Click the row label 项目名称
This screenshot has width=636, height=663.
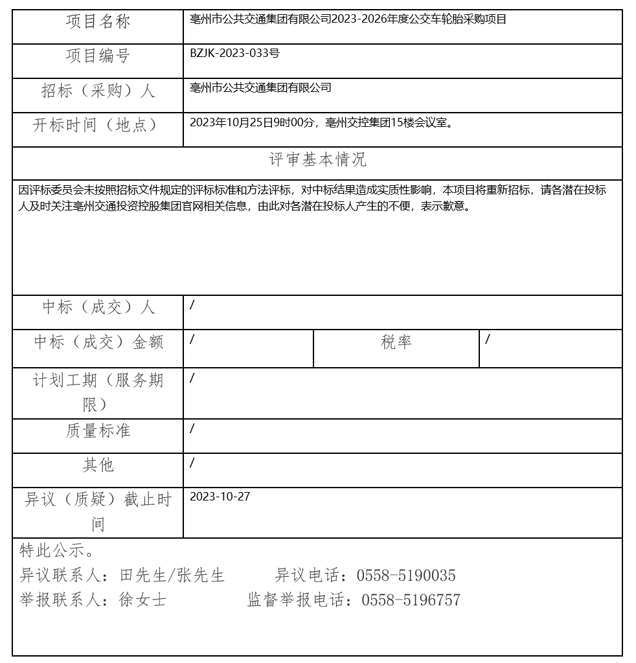coord(98,22)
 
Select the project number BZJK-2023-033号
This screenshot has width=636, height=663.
coord(234,54)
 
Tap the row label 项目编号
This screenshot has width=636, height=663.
coord(98,56)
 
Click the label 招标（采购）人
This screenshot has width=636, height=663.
coord(98,91)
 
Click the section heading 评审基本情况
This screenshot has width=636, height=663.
coord(317,160)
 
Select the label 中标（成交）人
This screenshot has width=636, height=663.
coord(98,308)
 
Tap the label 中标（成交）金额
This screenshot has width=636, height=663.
coord(98,343)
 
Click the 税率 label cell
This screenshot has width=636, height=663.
coord(396,343)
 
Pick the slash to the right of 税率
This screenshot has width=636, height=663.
coord(488,339)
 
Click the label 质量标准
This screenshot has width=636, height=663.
coord(98,431)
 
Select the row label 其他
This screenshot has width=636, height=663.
coord(98,466)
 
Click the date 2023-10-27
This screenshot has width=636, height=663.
coord(220,497)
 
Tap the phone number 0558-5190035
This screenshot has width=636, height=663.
coord(406,576)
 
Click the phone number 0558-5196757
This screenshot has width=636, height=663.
coord(411,600)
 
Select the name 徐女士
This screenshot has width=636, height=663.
coord(142,600)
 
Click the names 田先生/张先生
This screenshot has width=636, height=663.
coord(173,576)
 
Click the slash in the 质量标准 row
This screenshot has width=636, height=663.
coord(192,429)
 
